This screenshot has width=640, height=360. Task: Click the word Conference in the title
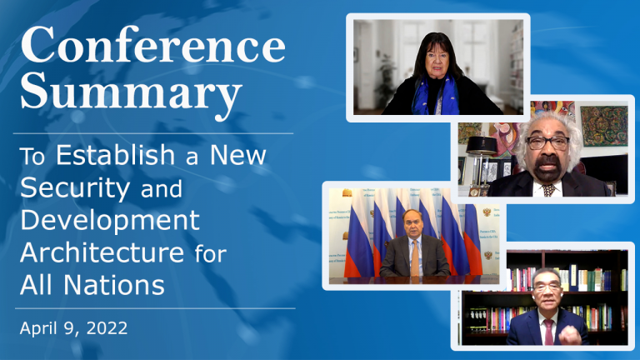pos(153,46)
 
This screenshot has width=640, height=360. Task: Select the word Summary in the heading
pos(131,94)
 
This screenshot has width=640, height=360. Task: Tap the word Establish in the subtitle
pos(116,155)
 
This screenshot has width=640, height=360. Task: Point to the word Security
pos(75,188)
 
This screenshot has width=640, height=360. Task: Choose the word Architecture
pos(102,252)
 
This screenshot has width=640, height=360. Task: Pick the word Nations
pos(114,284)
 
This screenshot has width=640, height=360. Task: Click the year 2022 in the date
pos(107,328)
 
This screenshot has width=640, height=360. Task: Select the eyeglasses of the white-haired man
pos(547,142)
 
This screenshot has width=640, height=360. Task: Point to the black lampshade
pos(482,145)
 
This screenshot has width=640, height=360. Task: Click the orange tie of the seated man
pos(415,258)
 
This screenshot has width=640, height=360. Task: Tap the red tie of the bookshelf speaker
pos(548,332)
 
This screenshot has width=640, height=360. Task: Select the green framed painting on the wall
pos(604,126)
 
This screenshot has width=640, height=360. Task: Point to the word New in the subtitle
pos(238,155)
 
